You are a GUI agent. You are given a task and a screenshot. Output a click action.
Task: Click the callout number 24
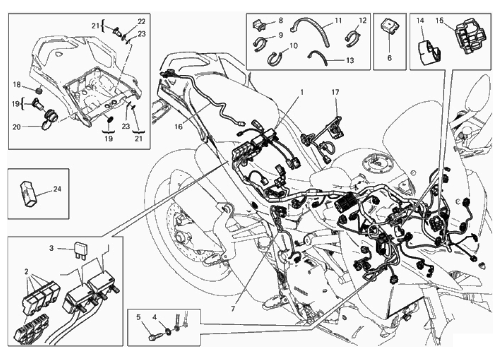pyautogui.click(x=57, y=189)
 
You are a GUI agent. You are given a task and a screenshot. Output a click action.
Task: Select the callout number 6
pyautogui.click(x=390, y=58)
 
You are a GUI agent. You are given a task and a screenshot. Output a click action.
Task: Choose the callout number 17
pyautogui.click(x=335, y=92)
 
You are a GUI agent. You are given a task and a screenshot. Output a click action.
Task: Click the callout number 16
pyautogui.click(x=179, y=127)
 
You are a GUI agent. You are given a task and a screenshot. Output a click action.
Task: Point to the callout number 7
pyautogui.click(x=232, y=309)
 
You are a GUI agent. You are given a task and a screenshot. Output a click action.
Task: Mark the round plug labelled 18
pyautogui.click(x=39, y=91)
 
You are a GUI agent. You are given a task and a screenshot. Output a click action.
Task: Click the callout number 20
pyautogui.click(x=16, y=127)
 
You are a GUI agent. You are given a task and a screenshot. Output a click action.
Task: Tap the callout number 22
pyautogui.click(x=142, y=22)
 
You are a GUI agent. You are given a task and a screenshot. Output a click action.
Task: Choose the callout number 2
pyautogui.click(x=26, y=272)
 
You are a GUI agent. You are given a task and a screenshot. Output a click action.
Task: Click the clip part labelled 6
pyautogui.click(x=390, y=29)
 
